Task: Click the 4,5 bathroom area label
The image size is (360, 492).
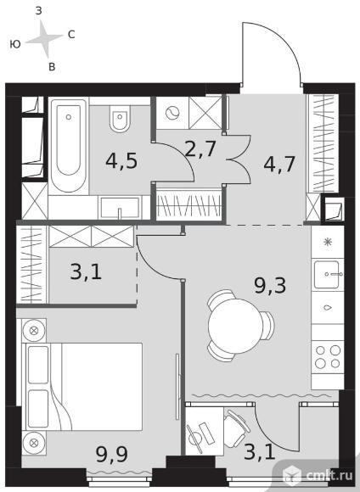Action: (x=121, y=161)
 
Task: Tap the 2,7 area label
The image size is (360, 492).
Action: (x=200, y=148)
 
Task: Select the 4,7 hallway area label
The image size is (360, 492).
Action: (x=279, y=164)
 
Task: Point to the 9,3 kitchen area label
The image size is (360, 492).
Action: (x=270, y=286)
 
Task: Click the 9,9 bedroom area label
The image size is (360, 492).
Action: (x=112, y=454)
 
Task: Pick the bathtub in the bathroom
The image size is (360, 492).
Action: (x=69, y=146)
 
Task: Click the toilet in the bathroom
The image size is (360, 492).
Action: (x=120, y=120)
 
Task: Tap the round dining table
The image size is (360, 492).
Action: (x=235, y=326)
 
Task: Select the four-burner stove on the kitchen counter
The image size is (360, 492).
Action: (x=328, y=357)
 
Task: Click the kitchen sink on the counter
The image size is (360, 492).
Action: (x=327, y=274)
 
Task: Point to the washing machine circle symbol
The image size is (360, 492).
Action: (x=172, y=113)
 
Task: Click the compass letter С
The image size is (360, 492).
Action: (x=71, y=35)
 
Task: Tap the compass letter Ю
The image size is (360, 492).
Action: (x=15, y=44)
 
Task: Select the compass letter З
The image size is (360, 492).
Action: (x=39, y=11)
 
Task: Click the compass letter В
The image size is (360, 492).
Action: (x=52, y=66)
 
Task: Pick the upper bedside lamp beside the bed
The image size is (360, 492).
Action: (x=34, y=331)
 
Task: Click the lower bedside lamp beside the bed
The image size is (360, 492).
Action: (x=34, y=443)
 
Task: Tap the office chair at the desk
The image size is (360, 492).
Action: (x=236, y=428)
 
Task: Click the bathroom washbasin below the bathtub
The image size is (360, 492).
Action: (x=120, y=208)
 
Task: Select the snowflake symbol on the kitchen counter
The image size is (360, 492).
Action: (x=328, y=242)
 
